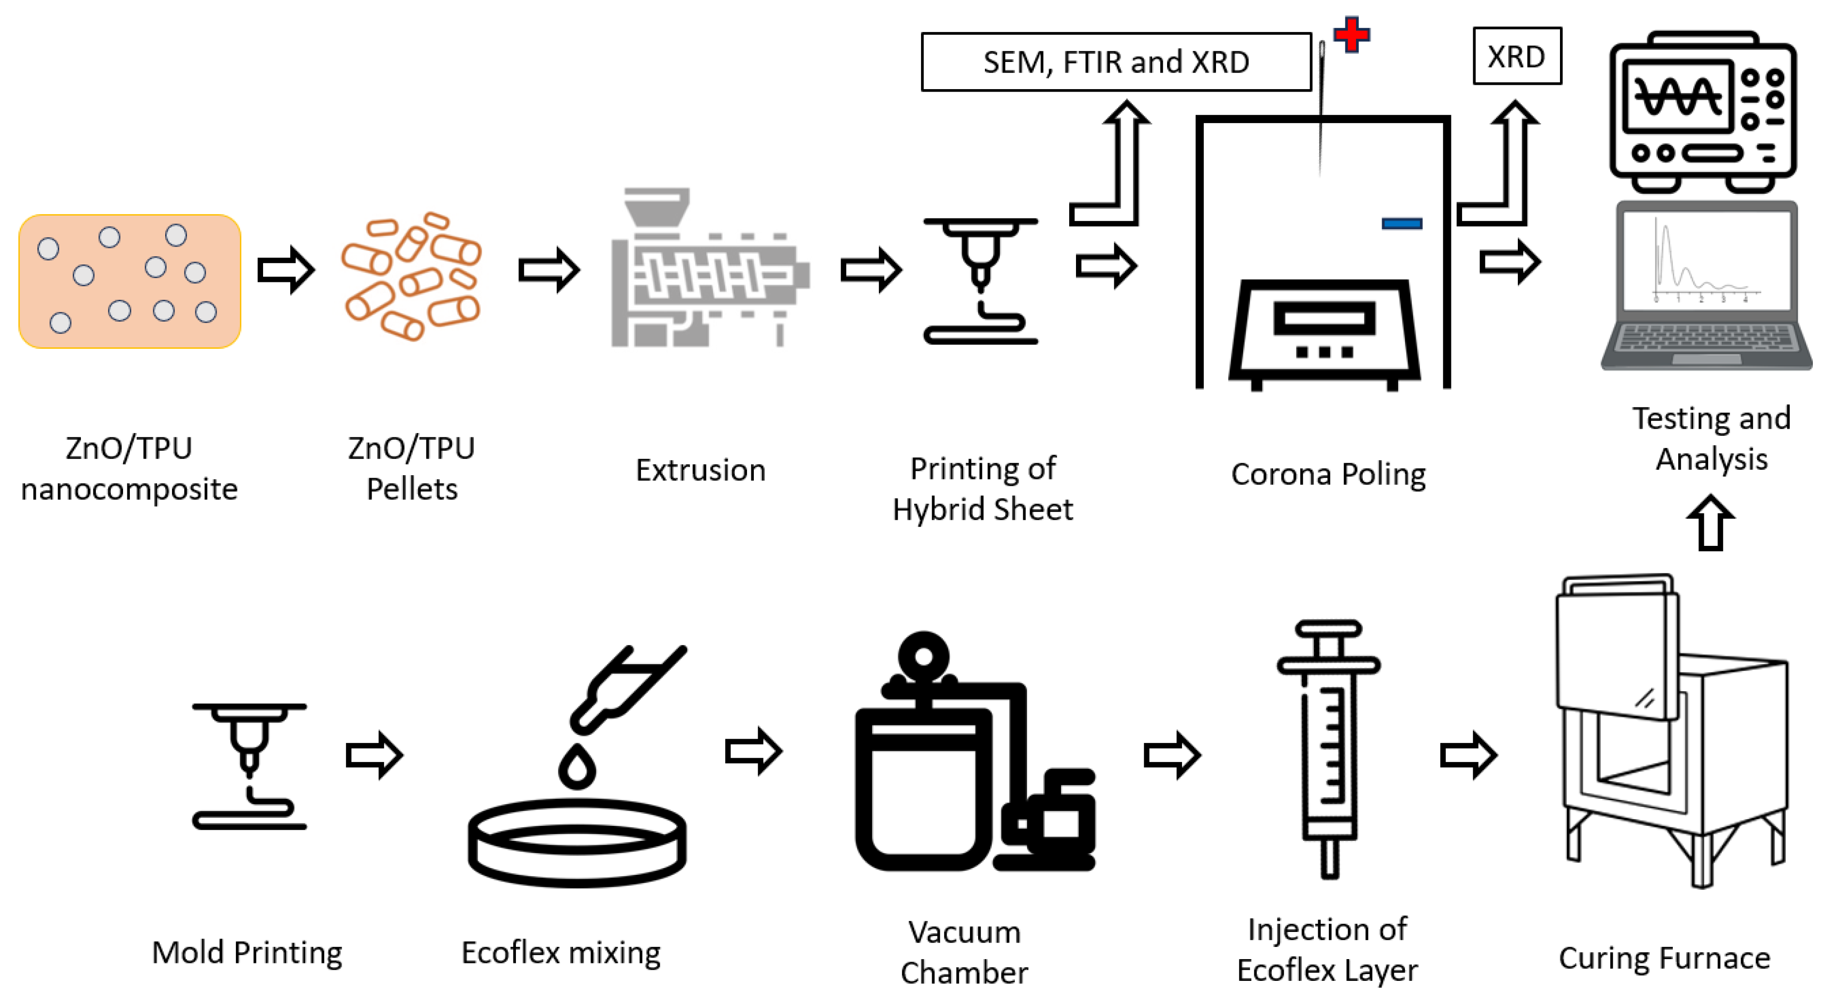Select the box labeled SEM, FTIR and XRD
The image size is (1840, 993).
point(1115,62)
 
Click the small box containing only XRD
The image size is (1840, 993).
point(1516,57)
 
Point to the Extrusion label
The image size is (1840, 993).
point(700,470)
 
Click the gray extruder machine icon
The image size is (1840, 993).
point(707,271)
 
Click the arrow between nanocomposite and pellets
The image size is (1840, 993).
point(286,270)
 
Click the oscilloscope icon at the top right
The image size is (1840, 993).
point(1702,111)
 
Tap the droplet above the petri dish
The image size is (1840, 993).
point(577,767)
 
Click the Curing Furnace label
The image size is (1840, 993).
point(1664,957)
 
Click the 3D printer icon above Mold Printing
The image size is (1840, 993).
point(249,764)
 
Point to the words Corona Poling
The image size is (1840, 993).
point(1328,474)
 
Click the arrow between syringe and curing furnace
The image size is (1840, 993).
point(1468,754)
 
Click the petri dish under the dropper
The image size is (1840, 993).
point(577,843)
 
